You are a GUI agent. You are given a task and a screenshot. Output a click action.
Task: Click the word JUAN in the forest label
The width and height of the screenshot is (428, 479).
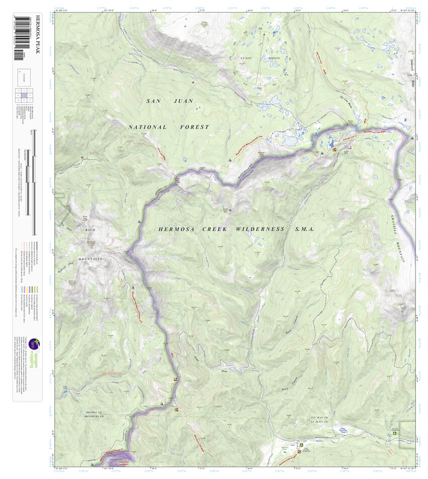coord(183,101)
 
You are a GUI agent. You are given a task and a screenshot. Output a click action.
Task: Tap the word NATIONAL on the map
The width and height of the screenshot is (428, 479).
coord(147,127)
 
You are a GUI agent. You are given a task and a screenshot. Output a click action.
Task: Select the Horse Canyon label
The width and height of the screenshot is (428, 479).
coord(285,378)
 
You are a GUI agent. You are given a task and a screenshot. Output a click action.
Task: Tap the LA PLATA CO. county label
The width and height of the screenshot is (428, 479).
coord(320,423)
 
